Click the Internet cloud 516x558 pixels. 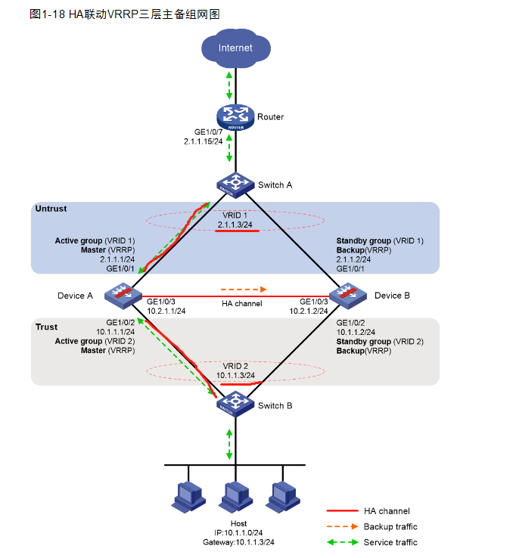tap(235, 48)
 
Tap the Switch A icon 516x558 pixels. tap(235, 184)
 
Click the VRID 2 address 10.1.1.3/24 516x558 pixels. tap(235, 375)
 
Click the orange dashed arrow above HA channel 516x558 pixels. tap(243, 289)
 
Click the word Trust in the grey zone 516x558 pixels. tap(46, 327)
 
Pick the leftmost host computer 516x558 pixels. tap(185, 495)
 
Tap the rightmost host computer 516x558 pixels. tap(284, 495)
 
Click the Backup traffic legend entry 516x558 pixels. tap(390, 526)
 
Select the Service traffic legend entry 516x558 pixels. tap(390, 542)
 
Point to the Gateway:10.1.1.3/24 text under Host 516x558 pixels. tap(238, 542)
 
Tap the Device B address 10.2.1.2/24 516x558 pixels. tap(309, 311)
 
